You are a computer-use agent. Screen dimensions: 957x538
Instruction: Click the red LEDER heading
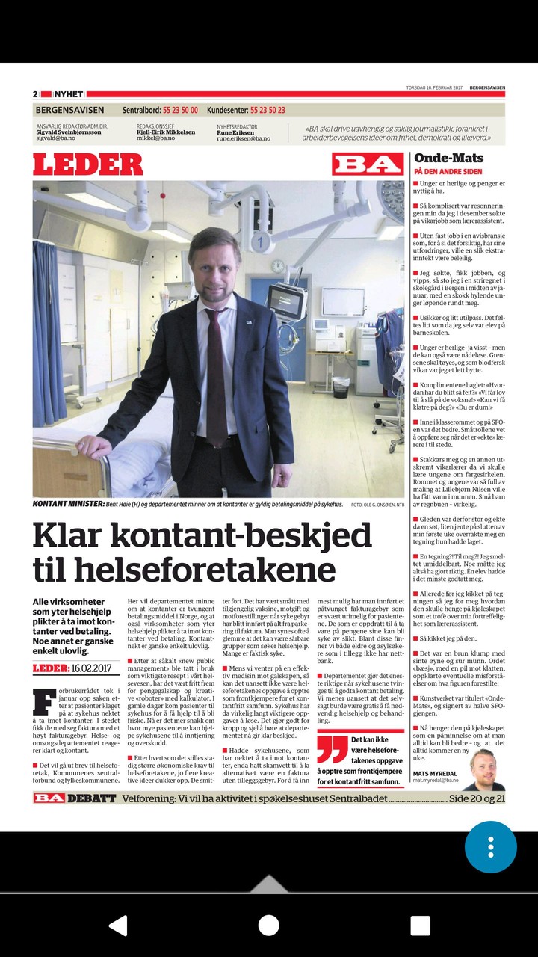(87, 164)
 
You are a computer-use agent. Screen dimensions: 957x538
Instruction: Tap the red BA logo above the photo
(368, 164)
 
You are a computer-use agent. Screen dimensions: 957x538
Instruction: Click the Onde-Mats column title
(448, 158)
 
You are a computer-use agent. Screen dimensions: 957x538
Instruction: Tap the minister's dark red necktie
(216, 374)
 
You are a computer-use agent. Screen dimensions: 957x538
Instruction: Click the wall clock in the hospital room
(277, 265)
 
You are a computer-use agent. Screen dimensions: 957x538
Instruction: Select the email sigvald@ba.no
(56, 138)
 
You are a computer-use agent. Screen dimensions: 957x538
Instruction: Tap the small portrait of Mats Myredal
(484, 769)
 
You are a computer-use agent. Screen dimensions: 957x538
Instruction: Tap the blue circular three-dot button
(491, 847)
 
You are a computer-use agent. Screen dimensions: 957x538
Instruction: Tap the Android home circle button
(269, 926)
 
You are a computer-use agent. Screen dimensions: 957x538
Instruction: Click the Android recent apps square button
(420, 926)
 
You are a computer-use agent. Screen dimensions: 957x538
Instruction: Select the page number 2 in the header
(35, 94)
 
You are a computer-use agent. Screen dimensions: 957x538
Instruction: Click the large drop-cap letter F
(43, 701)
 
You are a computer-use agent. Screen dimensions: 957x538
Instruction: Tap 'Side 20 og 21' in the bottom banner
(477, 798)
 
